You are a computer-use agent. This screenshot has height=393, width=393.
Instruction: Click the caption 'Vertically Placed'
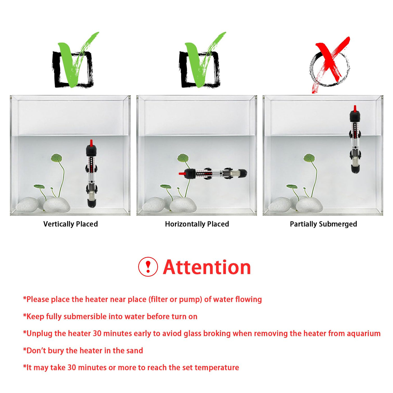click(x=70, y=224)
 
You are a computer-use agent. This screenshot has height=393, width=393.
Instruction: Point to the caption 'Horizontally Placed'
click(x=197, y=224)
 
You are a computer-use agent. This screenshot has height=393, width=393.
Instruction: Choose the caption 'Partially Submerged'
click(x=323, y=224)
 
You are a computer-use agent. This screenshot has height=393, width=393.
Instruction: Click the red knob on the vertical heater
click(x=91, y=143)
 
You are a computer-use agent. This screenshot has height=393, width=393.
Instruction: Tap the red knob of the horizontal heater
click(x=182, y=174)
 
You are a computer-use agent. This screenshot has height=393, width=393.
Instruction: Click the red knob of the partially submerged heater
click(x=355, y=109)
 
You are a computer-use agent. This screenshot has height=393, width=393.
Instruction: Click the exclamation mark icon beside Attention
click(x=148, y=267)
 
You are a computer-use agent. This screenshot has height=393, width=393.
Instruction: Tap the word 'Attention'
click(x=207, y=267)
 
